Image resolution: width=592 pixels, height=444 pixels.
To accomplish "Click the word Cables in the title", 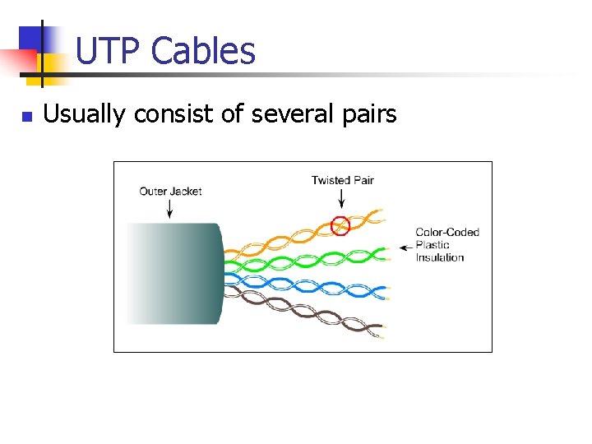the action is [x=203, y=51].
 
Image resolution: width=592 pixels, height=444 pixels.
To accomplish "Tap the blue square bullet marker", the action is [x=26, y=117].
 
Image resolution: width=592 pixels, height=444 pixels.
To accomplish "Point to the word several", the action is [x=287, y=114].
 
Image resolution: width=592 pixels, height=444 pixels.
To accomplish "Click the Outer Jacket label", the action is [x=170, y=192].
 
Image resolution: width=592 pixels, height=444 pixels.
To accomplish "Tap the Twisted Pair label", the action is [x=342, y=180].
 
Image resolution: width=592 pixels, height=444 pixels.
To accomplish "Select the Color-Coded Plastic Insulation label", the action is [x=446, y=245].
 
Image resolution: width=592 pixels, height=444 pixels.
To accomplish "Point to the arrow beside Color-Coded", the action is [x=405, y=246].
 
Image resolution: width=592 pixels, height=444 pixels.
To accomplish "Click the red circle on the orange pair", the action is [x=340, y=225].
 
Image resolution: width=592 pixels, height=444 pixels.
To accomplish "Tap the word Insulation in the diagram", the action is [x=439, y=257].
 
